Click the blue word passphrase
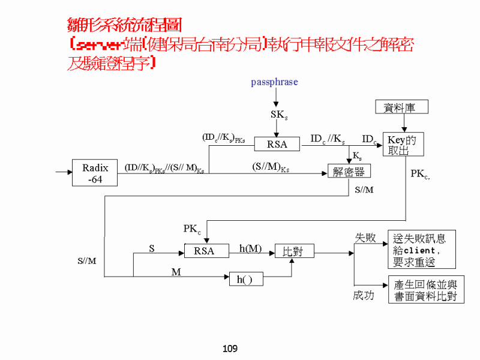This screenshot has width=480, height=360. [x=274, y=82]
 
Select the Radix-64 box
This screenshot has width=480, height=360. [x=95, y=173]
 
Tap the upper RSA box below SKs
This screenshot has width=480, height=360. [x=277, y=144]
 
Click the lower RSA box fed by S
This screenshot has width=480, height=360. [x=204, y=251]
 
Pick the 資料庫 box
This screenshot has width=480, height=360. [x=402, y=107]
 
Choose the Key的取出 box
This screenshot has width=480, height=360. [x=403, y=145]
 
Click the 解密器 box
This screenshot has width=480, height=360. [x=349, y=172]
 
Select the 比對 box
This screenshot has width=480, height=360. [x=294, y=251]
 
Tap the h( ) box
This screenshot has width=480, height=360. [x=246, y=279]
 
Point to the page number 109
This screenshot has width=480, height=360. [x=230, y=349]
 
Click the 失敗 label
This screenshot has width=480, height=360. [x=365, y=238]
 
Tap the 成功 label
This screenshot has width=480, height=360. [x=364, y=296]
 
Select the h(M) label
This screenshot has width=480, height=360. [x=250, y=248]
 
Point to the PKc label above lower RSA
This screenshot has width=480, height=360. [x=192, y=229]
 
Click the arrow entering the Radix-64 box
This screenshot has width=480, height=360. [x=63, y=173]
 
